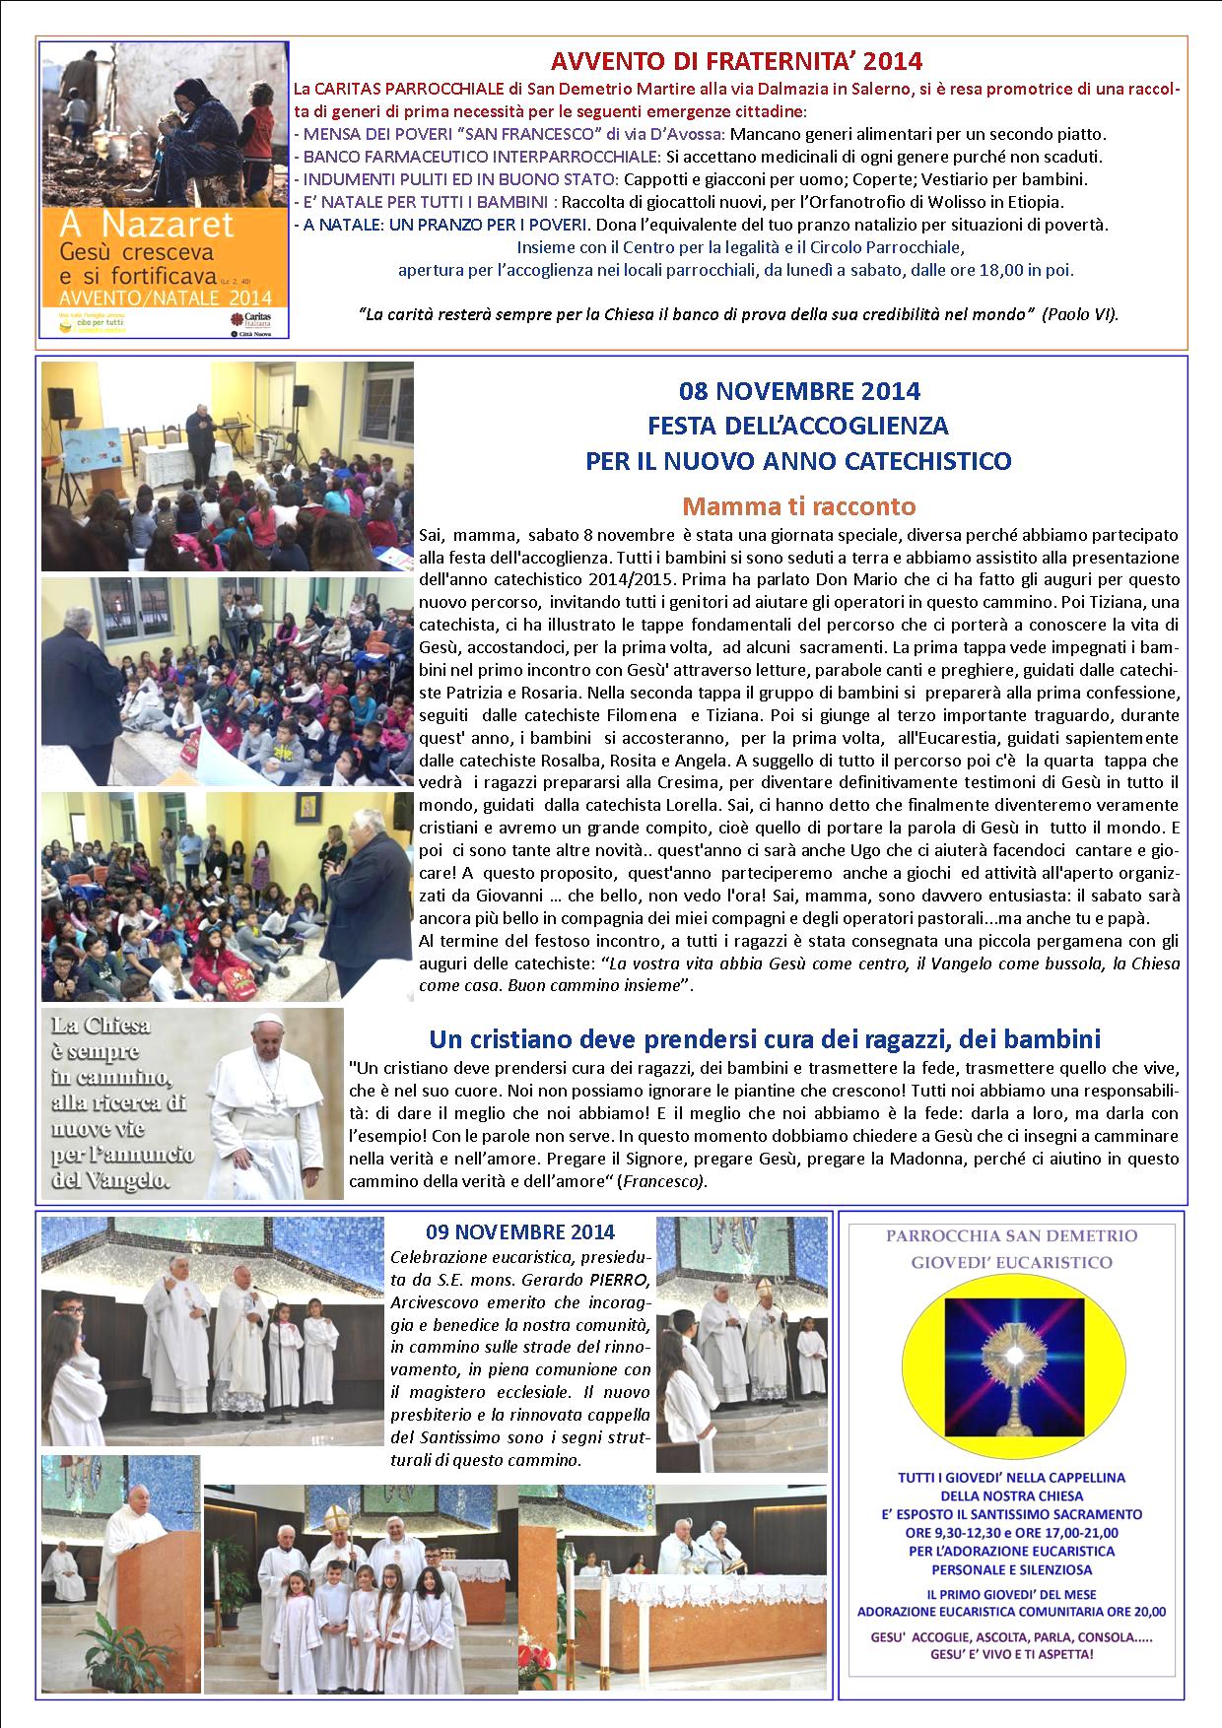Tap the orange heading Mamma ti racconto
point(798,506)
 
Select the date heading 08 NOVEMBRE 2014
point(798,391)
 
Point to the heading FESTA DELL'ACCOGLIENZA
point(798,426)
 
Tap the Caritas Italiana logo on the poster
point(258,318)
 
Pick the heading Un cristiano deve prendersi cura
point(765,1038)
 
